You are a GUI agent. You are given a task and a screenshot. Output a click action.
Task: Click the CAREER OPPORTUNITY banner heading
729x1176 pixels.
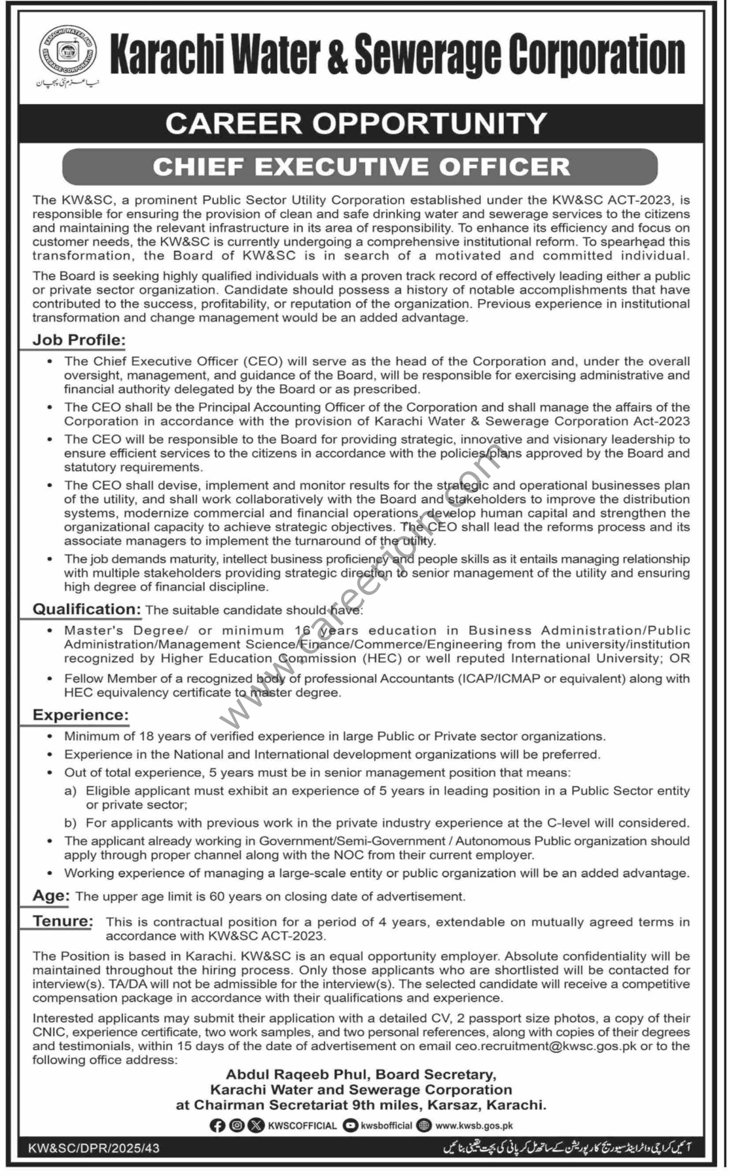356,123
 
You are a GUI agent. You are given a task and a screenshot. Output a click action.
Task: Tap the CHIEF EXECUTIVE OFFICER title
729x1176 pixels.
361,167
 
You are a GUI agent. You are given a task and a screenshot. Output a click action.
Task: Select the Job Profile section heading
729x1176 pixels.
79,341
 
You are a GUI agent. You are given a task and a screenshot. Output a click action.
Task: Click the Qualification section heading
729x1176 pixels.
87,609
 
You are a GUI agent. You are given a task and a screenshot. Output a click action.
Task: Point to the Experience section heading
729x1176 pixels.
80,715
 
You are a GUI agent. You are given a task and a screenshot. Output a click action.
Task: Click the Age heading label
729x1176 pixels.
51,896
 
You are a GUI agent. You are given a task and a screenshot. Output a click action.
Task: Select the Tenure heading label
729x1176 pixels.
63,922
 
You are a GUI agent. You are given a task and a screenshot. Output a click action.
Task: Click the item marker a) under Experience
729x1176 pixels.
71,791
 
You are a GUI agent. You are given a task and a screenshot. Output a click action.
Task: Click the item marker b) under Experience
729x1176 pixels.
71,823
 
